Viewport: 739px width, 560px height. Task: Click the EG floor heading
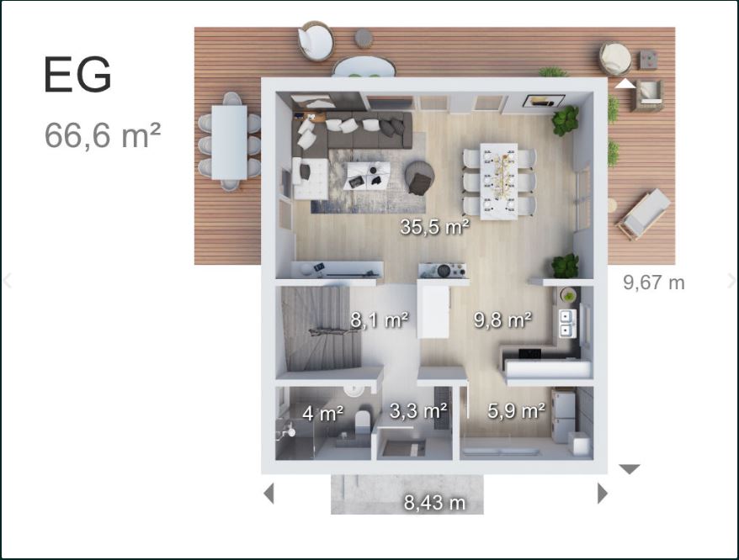click(77, 75)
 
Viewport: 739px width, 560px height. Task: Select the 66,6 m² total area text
click(103, 135)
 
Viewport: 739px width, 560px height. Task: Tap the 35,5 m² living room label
click(434, 227)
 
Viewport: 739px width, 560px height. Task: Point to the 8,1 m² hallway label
click(380, 320)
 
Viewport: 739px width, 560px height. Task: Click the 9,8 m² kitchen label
click(502, 320)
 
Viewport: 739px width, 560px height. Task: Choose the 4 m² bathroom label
click(323, 414)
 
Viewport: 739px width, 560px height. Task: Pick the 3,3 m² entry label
click(418, 411)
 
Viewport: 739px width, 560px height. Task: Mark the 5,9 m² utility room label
click(517, 411)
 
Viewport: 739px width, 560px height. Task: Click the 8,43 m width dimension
click(434, 503)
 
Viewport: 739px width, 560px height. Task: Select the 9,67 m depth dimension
click(654, 283)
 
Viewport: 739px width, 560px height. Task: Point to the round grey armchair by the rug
click(419, 177)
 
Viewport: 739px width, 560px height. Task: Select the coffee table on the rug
click(367, 176)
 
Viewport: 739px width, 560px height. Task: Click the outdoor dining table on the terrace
click(229, 142)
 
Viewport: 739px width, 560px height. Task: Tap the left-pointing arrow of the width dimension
click(268, 494)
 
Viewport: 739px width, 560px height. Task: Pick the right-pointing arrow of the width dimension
click(603, 494)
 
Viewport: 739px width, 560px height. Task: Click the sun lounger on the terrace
click(644, 214)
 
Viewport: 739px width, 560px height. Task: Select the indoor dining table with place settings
click(498, 182)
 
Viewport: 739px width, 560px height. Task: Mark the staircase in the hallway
click(322, 329)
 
